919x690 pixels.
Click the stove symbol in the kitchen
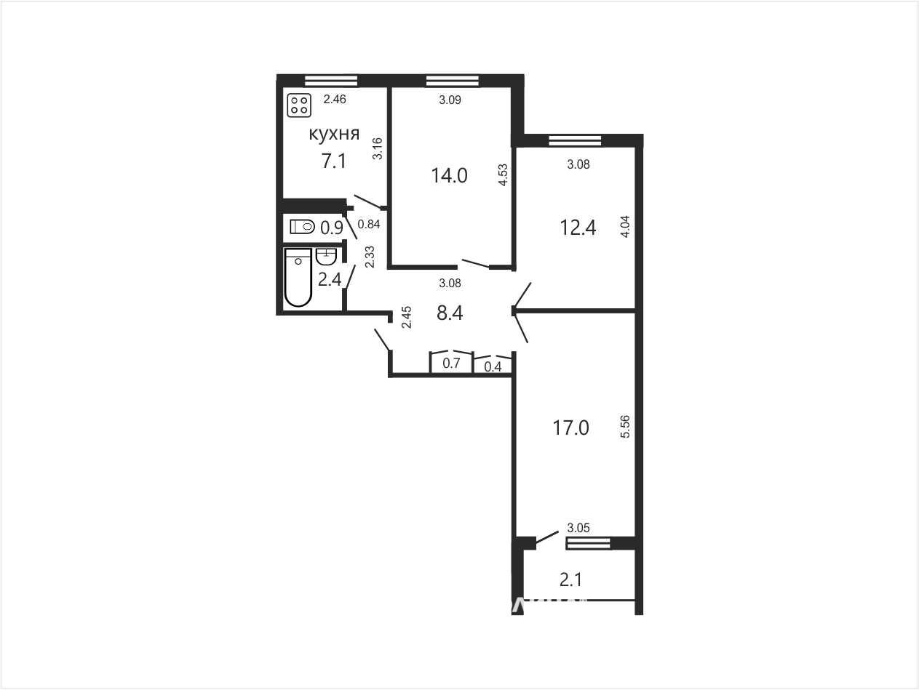pos(299,105)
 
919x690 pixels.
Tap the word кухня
pos(334,135)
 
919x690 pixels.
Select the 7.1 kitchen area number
pos(334,161)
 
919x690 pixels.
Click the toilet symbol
pos(302,227)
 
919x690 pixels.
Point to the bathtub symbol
pos(298,278)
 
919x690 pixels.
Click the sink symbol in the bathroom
pos(327,257)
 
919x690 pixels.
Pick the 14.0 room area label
pos(449,176)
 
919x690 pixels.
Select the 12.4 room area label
pos(578,228)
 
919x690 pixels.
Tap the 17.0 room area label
pos(570,428)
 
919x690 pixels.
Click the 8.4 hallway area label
pos(450,313)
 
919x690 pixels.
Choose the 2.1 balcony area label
pos(570,580)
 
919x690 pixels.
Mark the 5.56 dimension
pos(625,426)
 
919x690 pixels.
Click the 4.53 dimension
pos(503,174)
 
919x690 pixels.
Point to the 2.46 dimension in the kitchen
pos(335,99)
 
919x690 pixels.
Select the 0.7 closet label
pos(451,363)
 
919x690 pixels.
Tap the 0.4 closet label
pos(493,367)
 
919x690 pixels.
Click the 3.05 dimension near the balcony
pos(578,528)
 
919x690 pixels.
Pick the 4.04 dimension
pos(625,227)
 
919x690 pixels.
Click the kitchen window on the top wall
pos(331,81)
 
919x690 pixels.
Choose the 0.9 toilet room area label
pos(332,228)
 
